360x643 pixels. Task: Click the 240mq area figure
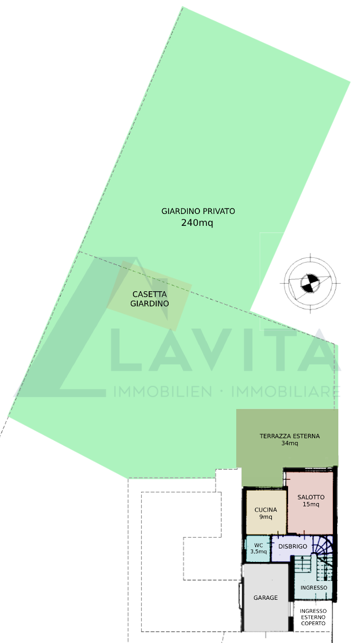(197, 223)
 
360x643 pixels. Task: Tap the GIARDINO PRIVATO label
(198, 211)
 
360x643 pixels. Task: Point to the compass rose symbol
(310, 283)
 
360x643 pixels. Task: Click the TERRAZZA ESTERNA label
(290, 436)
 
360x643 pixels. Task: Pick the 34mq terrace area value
(290, 443)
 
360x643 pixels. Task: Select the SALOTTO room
(310, 503)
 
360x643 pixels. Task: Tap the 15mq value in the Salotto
(311, 504)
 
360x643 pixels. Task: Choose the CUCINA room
(266, 512)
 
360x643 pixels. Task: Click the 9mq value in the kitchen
(266, 517)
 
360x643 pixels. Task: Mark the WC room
(258, 548)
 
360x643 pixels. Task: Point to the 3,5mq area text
(258, 552)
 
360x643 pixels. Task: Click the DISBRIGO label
(293, 546)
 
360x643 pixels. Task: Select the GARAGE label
(265, 598)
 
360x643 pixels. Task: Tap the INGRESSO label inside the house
(314, 588)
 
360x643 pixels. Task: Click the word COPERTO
(314, 623)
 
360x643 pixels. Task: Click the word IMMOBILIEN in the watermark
(163, 392)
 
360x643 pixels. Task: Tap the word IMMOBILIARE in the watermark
(286, 392)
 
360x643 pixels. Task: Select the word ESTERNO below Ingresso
(314, 617)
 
